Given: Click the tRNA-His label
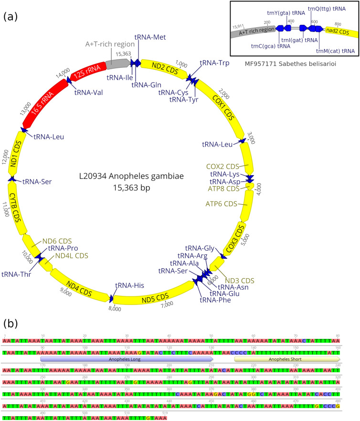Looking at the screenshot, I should click(131, 285).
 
